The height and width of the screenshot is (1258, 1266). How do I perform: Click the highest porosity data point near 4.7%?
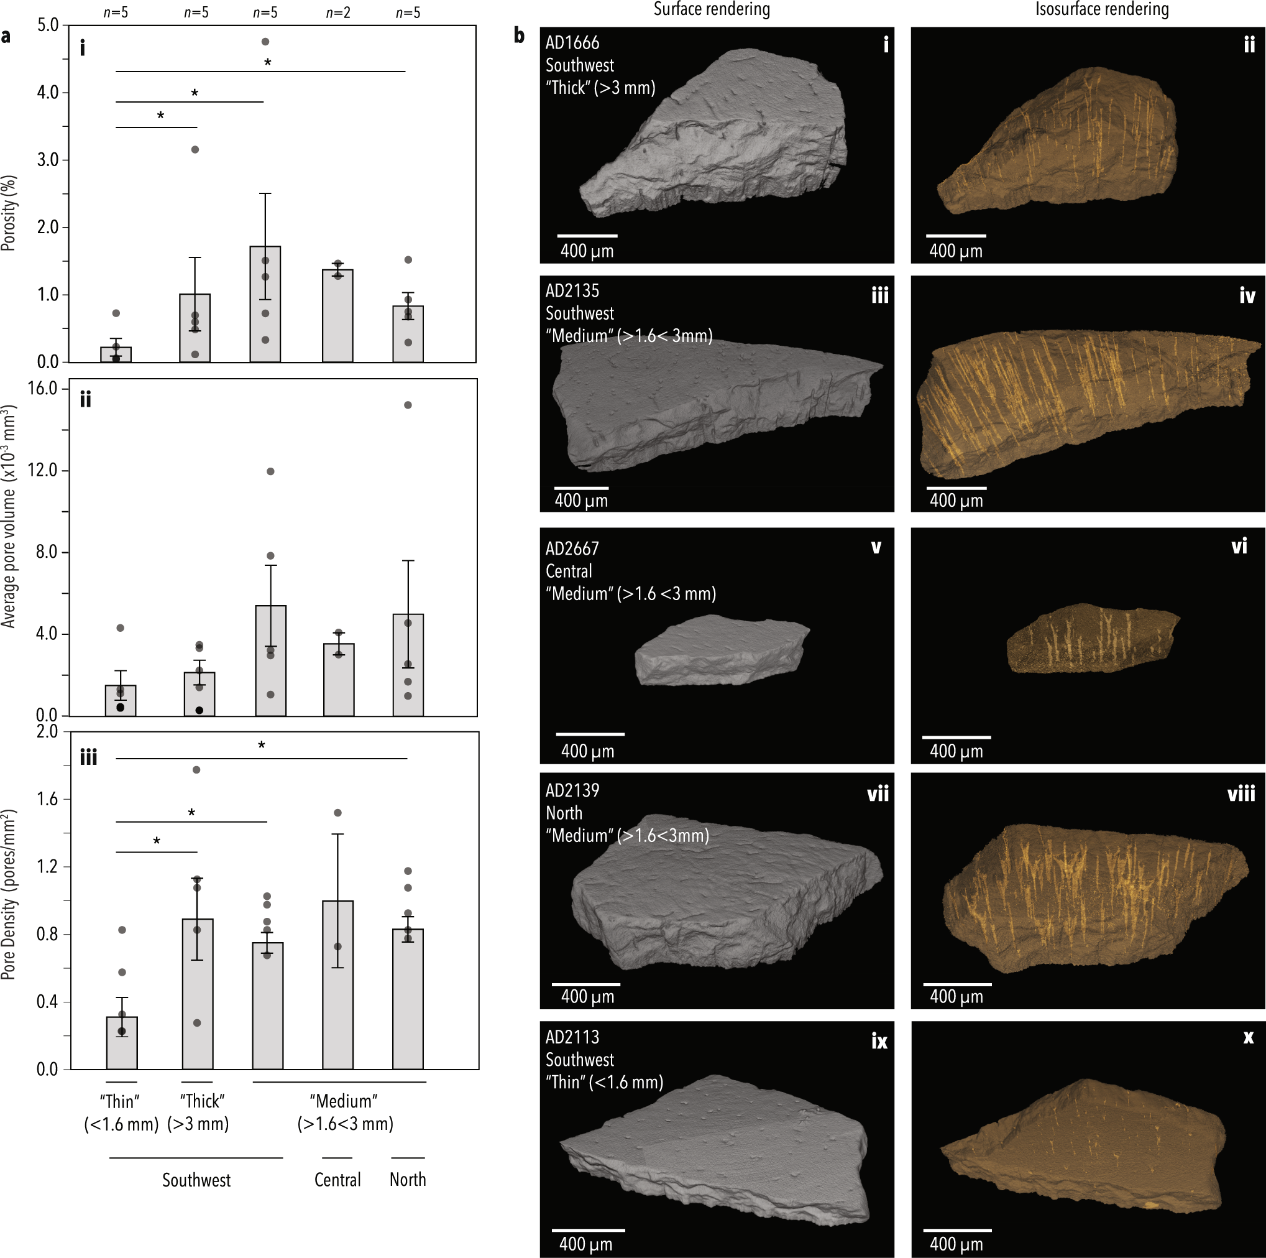(x=265, y=42)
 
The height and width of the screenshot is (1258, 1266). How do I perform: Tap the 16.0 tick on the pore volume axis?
(x=43, y=389)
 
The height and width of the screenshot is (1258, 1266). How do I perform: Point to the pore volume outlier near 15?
(x=408, y=405)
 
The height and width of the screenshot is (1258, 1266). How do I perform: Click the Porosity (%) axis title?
(x=9, y=213)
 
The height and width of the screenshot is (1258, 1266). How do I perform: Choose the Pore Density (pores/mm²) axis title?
(x=9, y=895)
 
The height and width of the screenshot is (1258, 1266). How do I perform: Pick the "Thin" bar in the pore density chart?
(x=122, y=1042)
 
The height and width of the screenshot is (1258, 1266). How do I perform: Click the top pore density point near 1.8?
(x=196, y=770)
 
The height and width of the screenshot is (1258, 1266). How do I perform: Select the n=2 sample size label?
(x=337, y=12)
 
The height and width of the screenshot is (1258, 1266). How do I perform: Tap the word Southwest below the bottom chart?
(x=196, y=1181)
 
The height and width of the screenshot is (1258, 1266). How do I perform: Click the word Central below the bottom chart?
(x=337, y=1180)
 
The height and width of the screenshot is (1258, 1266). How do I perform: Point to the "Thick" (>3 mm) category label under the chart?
(x=198, y=1112)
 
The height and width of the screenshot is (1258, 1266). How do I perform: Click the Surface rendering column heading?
(x=712, y=9)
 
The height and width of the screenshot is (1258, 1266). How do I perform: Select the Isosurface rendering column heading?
(x=1101, y=9)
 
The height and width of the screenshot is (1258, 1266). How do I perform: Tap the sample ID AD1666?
(x=572, y=44)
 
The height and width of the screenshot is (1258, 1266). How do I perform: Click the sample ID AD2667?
(x=572, y=548)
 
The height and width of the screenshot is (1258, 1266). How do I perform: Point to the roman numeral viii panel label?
(x=1241, y=795)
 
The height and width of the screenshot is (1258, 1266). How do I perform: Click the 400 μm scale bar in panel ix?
(x=588, y=1231)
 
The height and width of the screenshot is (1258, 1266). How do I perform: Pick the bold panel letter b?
(x=520, y=35)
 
